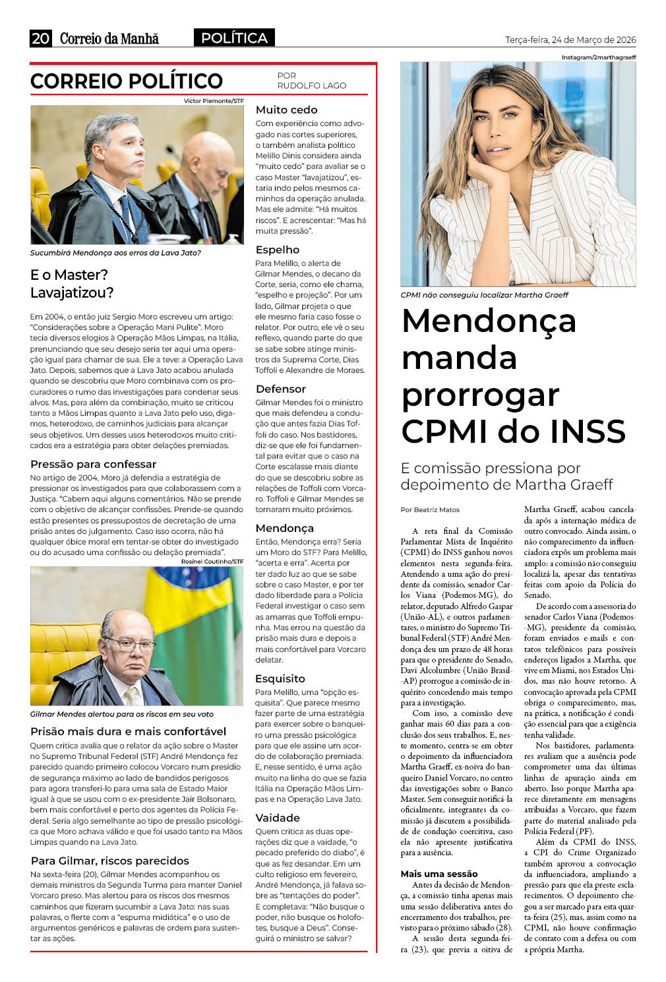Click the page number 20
coord(40,39)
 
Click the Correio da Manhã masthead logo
coord(109,39)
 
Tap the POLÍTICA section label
coord(234,38)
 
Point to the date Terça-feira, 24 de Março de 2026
coord(570,40)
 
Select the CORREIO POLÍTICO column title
coord(127,81)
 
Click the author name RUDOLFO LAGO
coord(311,86)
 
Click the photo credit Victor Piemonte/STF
coord(214,101)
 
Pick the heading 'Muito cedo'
coord(286,110)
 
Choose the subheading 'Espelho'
coord(277,250)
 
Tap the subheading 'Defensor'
coord(280,389)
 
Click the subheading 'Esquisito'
coord(280,679)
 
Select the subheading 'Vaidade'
coord(278,818)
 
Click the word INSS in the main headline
coord(588,432)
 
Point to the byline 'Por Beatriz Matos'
coord(430,510)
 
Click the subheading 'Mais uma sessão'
coord(439,874)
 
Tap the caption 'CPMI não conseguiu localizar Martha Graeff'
coord(484,295)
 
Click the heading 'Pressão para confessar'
coord(93,465)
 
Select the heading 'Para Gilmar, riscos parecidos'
coord(109,861)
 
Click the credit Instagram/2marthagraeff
coord(599,57)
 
